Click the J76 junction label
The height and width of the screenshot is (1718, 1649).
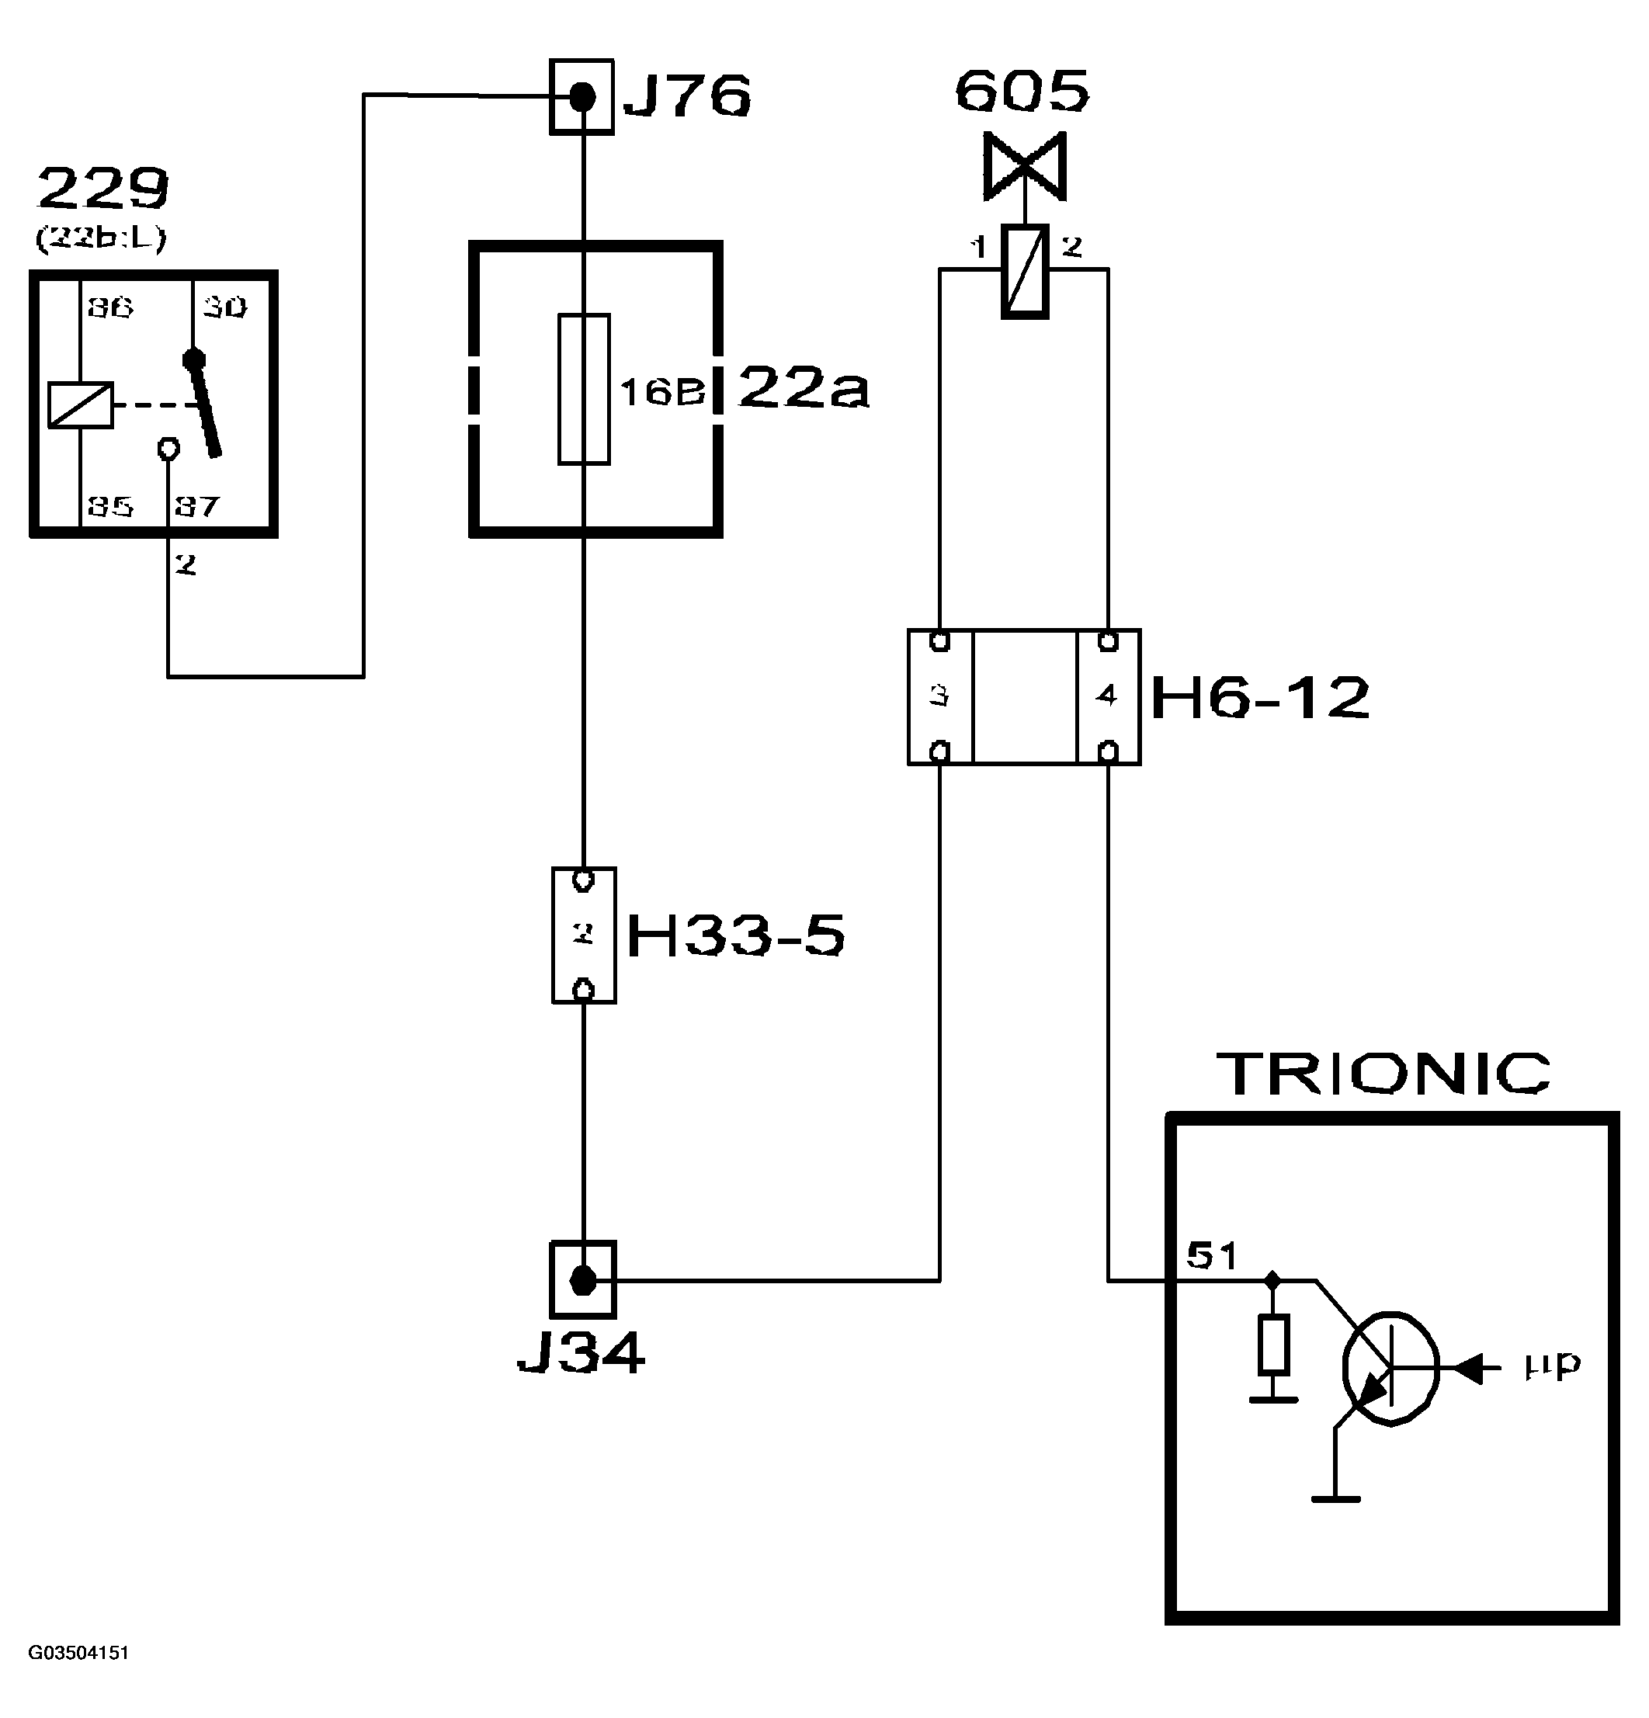[686, 95]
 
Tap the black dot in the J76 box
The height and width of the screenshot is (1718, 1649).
[582, 96]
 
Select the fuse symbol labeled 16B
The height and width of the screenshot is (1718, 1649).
[584, 388]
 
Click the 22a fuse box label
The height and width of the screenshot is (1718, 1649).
[803, 388]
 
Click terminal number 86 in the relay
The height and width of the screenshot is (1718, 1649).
[109, 307]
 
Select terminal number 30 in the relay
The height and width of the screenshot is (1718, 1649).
[225, 307]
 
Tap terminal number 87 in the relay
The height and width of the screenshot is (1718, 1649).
[196, 507]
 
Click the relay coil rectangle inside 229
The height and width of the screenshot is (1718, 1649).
[81, 405]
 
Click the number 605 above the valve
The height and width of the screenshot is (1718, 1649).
[1022, 91]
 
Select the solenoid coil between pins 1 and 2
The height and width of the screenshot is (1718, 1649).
[1024, 271]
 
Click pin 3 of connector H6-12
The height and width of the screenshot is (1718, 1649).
[939, 696]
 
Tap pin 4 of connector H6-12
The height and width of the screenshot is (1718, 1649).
[1107, 696]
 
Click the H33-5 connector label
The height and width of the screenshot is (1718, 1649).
[735, 935]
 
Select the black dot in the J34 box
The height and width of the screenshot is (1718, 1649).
[582, 1281]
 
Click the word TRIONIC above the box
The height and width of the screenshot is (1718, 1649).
[1383, 1074]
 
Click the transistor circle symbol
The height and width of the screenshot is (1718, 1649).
[1390, 1368]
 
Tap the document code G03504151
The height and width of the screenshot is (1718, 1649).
[79, 1652]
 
